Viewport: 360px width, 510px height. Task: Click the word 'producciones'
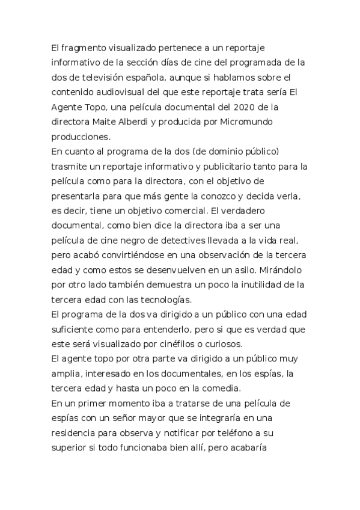pyautogui.click(x=81, y=137)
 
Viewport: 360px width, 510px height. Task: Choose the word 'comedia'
pyautogui.click(x=221, y=388)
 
